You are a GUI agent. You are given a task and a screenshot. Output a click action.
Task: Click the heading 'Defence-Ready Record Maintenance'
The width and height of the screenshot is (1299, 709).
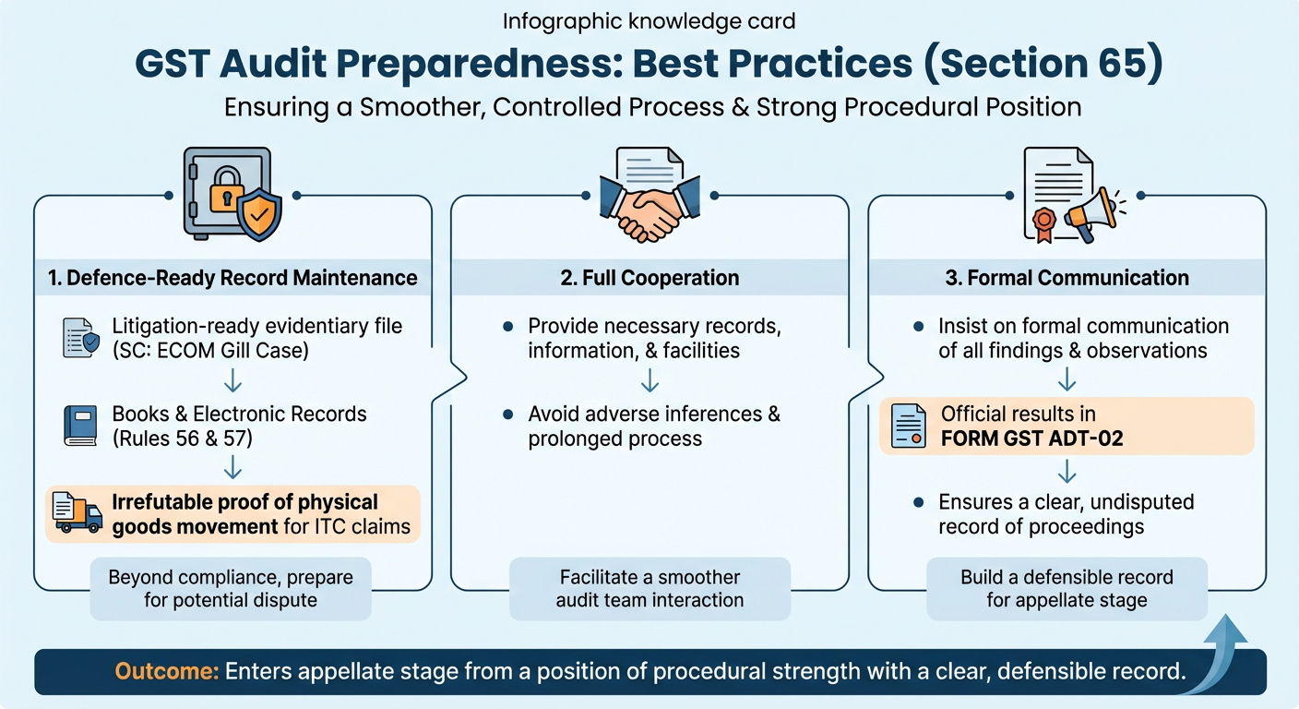233,278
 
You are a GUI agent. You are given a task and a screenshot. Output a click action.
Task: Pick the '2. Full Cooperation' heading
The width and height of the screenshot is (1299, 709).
649,278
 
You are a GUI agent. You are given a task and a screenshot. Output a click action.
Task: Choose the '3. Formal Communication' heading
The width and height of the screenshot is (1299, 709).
1067,278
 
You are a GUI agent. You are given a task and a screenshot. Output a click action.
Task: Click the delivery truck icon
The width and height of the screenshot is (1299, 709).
77,513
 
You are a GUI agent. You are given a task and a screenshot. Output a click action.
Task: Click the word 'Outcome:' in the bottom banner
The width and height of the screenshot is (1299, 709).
167,672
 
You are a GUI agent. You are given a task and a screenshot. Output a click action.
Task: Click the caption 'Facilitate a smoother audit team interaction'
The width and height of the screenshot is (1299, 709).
649,588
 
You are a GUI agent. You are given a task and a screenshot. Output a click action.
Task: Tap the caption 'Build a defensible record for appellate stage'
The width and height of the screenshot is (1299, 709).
1067,588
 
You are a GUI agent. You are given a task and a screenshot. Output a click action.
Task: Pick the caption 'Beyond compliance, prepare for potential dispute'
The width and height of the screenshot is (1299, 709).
231,588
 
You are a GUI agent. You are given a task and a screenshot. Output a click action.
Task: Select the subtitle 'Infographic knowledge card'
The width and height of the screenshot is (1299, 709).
649,21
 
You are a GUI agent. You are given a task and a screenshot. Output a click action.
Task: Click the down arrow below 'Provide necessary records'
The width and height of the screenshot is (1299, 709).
649,379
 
